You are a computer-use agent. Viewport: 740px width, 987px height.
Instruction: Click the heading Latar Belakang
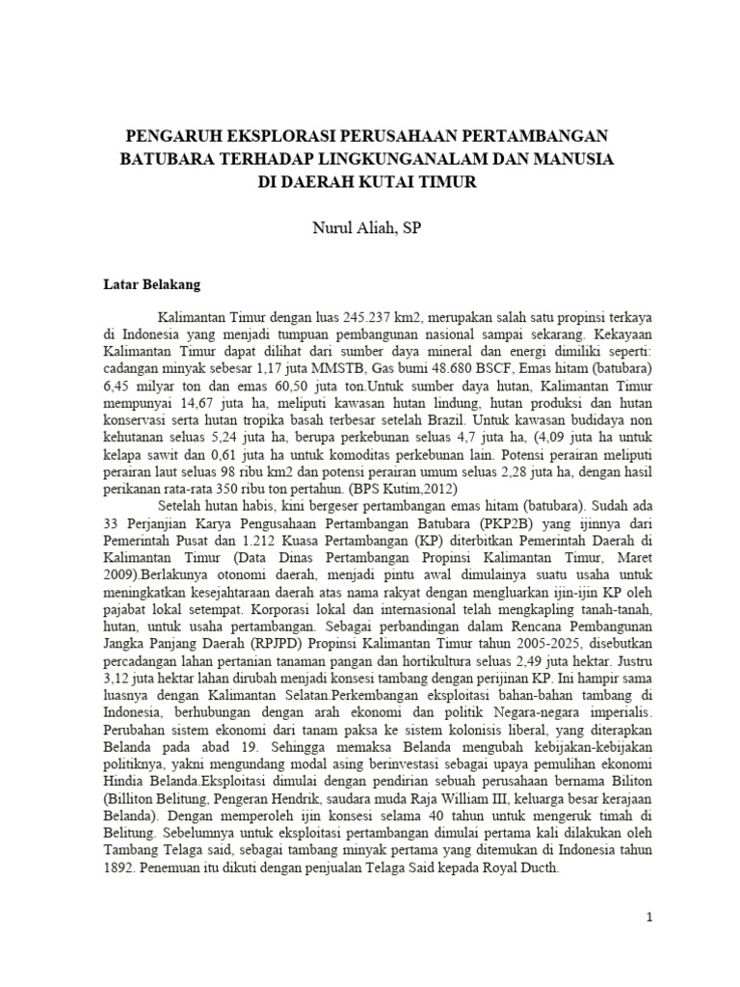(x=152, y=284)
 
